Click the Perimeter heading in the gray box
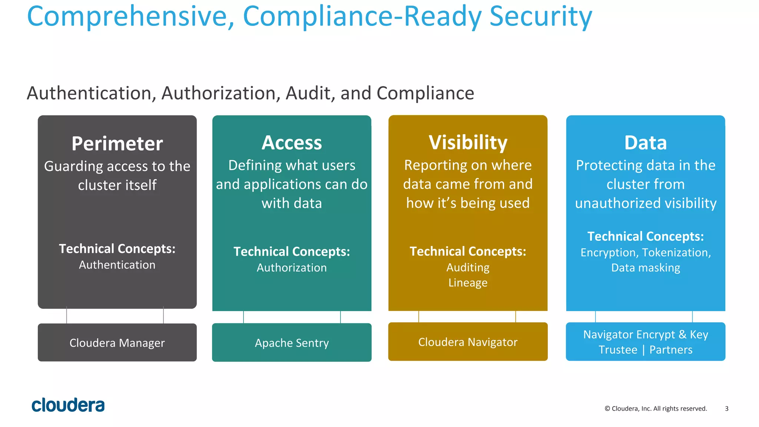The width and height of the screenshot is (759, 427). pyautogui.click(x=117, y=144)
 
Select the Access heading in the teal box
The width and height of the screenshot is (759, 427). pyautogui.click(x=292, y=143)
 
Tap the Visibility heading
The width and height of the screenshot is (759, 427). pyautogui.click(x=468, y=143)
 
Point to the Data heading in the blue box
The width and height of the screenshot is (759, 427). pyautogui.click(x=645, y=143)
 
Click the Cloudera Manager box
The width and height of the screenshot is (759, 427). pyautogui.click(x=117, y=343)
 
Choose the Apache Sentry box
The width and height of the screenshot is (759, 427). pyautogui.click(x=292, y=343)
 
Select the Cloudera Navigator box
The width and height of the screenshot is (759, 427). pyautogui.click(x=468, y=342)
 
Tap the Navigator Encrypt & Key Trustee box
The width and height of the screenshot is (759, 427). pyautogui.click(x=645, y=341)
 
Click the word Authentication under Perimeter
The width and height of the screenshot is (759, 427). pyautogui.click(x=117, y=265)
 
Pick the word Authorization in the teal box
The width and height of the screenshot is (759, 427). pyautogui.click(x=292, y=267)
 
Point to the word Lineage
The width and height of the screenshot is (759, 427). pyautogui.click(x=468, y=283)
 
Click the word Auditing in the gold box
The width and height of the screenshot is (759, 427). pyautogui.click(x=468, y=267)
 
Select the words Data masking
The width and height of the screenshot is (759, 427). pyautogui.click(x=645, y=267)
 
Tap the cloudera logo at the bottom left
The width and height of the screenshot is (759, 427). pyautogui.click(x=68, y=405)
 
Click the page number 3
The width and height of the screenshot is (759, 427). pyautogui.click(x=726, y=408)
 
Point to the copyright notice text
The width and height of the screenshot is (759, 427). pyautogui.click(x=656, y=408)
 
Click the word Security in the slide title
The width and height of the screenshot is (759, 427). pyautogui.click(x=540, y=17)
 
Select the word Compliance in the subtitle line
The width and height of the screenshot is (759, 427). pyautogui.click(x=425, y=93)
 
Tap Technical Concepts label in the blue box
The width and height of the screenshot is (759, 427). pyautogui.click(x=645, y=236)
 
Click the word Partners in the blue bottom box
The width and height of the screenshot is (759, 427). pyautogui.click(x=671, y=350)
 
